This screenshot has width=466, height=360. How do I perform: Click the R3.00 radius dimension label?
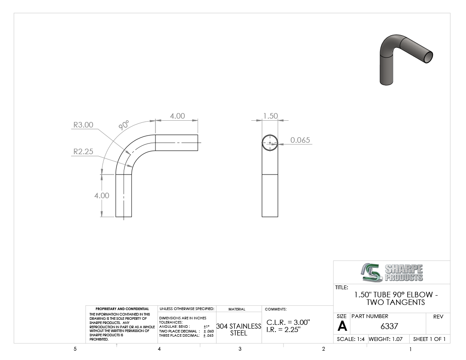pyautogui.click(x=83, y=125)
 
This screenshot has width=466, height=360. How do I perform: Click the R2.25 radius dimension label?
pyautogui.click(x=83, y=152)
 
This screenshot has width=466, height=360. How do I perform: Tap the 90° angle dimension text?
pyautogui.click(x=124, y=125)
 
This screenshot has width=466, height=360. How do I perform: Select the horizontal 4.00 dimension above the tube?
pyautogui.click(x=178, y=116)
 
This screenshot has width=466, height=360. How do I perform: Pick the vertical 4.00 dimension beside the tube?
pyautogui.click(x=102, y=195)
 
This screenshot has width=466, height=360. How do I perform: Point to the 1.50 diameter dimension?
pyautogui.click(x=270, y=116)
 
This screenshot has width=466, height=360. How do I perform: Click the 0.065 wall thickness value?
pyautogui.click(x=300, y=140)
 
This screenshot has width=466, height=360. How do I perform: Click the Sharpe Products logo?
pyautogui.click(x=392, y=272)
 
